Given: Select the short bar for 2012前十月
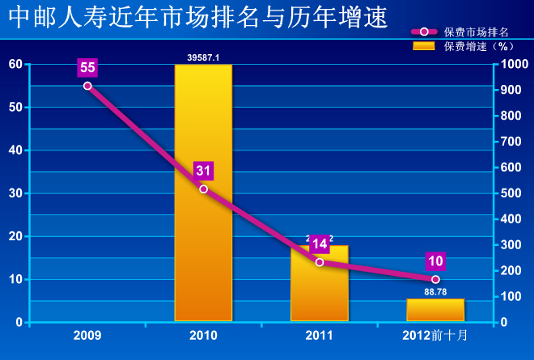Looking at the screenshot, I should click(x=434, y=310).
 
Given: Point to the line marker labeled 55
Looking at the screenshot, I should click(x=87, y=85).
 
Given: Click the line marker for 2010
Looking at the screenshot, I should click(x=203, y=189).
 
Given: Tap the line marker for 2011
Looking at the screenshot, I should click(x=319, y=262).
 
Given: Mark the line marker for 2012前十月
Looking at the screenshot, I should click(x=434, y=279).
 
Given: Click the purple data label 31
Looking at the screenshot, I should click(x=203, y=171).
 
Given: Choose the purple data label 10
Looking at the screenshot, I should click(x=434, y=260).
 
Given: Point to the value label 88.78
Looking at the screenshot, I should click(x=435, y=292).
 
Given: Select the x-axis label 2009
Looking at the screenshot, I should click(x=87, y=333).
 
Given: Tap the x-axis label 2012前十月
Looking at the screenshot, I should click(x=434, y=333).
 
